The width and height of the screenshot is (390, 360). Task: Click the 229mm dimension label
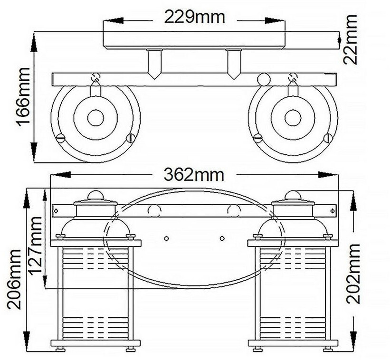pyautogui.click(x=194, y=18)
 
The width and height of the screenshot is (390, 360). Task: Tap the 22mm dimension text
pyautogui.click(x=350, y=40)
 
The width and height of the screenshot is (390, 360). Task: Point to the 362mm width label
pyautogui.click(x=194, y=174)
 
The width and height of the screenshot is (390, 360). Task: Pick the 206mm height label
pyautogui.click(x=14, y=279)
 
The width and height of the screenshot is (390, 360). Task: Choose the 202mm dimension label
pyautogui.click(x=353, y=274)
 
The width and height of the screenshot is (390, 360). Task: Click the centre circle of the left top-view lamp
pyautogui.click(x=95, y=118)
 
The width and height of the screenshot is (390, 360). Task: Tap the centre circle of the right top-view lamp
pyautogui.click(x=293, y=118)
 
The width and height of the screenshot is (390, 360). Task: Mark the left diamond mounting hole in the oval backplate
pyautogui.click(x=167, y=238)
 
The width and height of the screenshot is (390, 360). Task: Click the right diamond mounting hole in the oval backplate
pyautogui.click(x=222, y=238)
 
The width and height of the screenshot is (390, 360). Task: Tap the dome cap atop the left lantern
pyautogui.click(x=95, y=195)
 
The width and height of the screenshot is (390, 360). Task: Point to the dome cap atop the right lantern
pyautogui.click(x=293, y=195)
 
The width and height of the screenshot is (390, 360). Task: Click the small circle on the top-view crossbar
pyautogui.click(x=264, y=79)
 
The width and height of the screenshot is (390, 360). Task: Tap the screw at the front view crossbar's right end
pyautogui.click(x=332, y=211)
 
